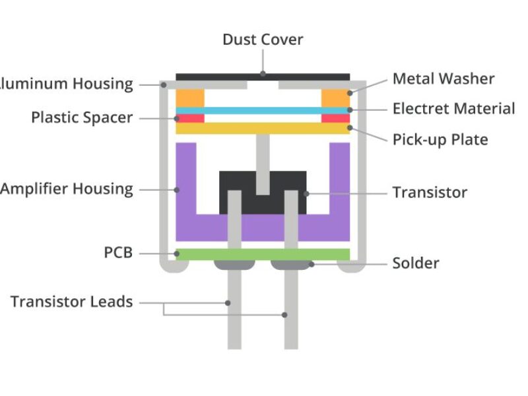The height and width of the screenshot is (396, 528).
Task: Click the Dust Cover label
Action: [x=263, y=40]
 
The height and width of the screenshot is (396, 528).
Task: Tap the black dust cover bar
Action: [x=218, y=77]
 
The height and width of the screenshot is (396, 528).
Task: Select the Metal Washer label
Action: [x=443, y=79]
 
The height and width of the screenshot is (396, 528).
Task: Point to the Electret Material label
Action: [x=453, y=109]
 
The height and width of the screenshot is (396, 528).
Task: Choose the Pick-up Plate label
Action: [x=440, y=140]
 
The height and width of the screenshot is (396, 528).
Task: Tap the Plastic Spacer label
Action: [x=82, y=118]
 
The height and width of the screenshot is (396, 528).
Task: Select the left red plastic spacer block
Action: [x=190, y=119]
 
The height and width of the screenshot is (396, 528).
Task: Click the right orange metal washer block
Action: [x=335, y=98]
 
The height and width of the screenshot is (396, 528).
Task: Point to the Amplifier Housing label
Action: [x=67, y=189]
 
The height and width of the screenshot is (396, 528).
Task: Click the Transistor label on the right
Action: [x=430, y=193]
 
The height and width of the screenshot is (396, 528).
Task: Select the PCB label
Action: [x=118, y=253]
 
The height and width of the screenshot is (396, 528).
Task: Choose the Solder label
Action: [x=416, y=263]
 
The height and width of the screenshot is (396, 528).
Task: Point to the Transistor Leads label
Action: [x=72, y=302]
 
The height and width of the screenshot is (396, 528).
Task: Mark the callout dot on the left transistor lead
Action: [x=228, y=303]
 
